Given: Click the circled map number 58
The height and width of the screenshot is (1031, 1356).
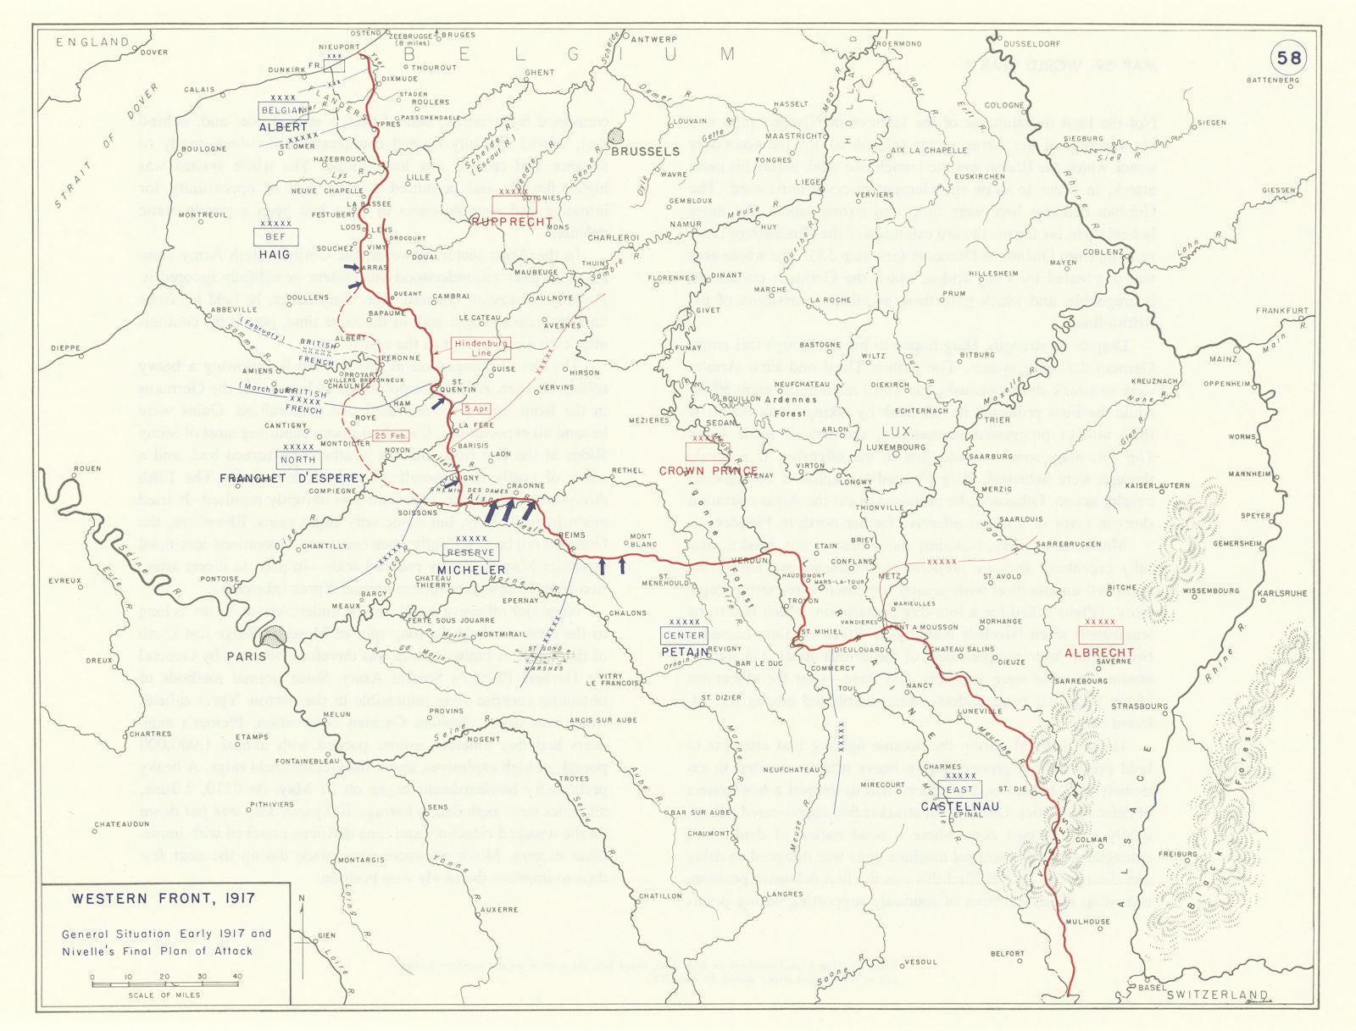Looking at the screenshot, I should pyautogui.click(x=1289, y=58).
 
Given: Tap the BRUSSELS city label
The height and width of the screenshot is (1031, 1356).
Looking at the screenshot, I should pyautogui.click(x=645, y=152).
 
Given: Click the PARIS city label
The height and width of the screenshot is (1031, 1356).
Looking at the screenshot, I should pyautogui.click(x=246, y=656).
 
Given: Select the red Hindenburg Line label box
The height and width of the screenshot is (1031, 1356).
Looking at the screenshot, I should pyautogui.click(x=481, y=348).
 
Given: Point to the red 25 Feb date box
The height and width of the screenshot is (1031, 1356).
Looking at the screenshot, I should pyautogui.click(x=391, y=435).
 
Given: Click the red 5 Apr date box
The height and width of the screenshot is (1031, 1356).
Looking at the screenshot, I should pyautogui.click(x=476, y=409).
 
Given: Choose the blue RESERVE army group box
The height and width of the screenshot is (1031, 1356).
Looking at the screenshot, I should pyautogui.click(x=470, y=553).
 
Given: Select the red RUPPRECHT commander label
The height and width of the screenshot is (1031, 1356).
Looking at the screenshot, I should pyautogui.click(x=512, y=222).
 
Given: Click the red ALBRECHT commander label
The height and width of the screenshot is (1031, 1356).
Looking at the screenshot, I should pyautogui.click(x=1099, y=652).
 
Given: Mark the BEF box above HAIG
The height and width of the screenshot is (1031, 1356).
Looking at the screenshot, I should pyautogui.click(x=275, y=237).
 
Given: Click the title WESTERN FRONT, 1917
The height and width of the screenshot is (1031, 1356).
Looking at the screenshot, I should pyautogui.click(x=163, y=899).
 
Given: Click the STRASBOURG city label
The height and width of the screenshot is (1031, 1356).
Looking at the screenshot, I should pyautogui.click(x=1139, y=706).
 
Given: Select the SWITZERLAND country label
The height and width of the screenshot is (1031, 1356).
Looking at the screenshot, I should pyautogui.click(x=1217, y=995).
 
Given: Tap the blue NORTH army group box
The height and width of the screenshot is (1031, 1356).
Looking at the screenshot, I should pyautogui.click(x=297, y=460).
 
